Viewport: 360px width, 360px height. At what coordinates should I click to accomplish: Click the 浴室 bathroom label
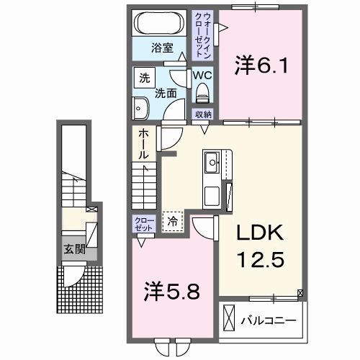coord(161,48)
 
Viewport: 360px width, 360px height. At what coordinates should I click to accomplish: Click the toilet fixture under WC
coord(202,91)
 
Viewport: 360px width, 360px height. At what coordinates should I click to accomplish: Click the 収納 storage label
coord(202,114)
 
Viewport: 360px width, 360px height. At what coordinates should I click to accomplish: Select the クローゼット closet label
coord(142,224)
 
